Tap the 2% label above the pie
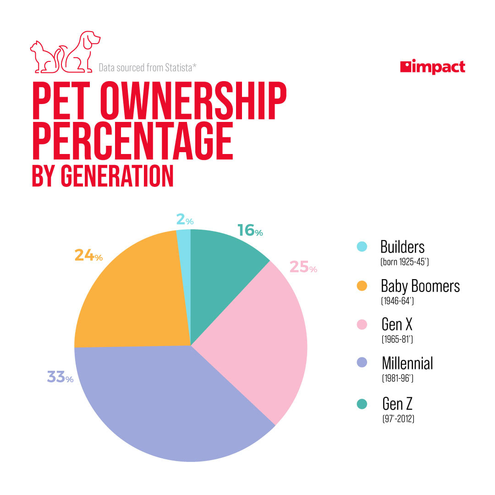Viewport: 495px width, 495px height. pos(184,220)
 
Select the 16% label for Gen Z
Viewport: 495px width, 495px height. pos(250,231)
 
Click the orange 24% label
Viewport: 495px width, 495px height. pos(88,255)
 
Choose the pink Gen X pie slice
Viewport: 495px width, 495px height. pos(261,339)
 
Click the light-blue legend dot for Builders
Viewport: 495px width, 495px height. pos(362,247)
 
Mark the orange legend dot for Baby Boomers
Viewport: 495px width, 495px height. pos(362,286)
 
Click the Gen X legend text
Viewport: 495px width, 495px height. pos(397,324)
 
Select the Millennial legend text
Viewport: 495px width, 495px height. pos(407,363)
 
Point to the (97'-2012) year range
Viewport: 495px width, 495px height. pos(398,418)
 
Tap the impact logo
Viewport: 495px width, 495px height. pos(432,67)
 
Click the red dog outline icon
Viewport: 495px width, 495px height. pos(82,51)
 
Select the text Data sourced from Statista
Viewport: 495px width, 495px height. pos(148,68)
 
